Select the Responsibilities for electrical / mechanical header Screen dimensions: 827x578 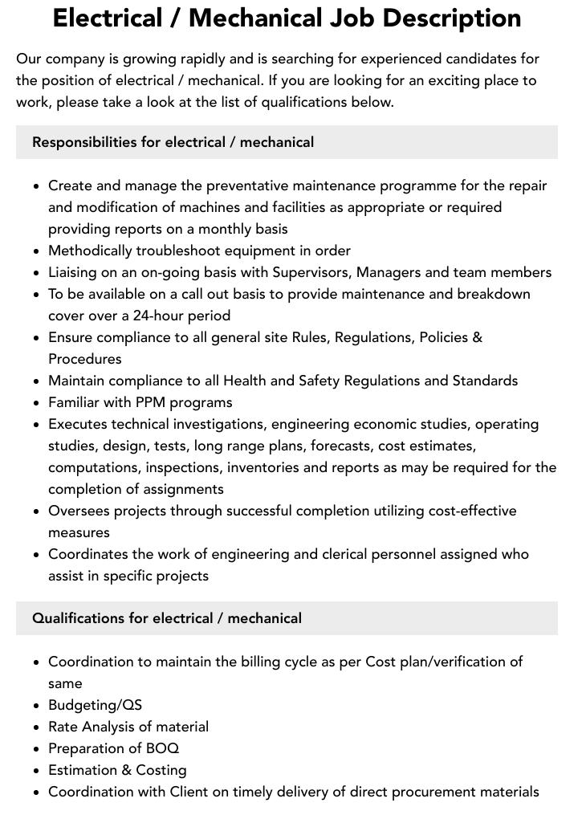coord(173,142)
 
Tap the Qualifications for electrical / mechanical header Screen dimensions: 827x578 coord(167,618)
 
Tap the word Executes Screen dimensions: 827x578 coord(78,424)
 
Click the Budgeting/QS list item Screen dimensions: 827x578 coord(95,705)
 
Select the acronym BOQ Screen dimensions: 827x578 coord(163,748)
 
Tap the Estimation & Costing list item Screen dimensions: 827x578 coord(117,770)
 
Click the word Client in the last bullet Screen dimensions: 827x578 coord(189,792)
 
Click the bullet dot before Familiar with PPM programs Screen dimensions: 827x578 coord(36,402)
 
